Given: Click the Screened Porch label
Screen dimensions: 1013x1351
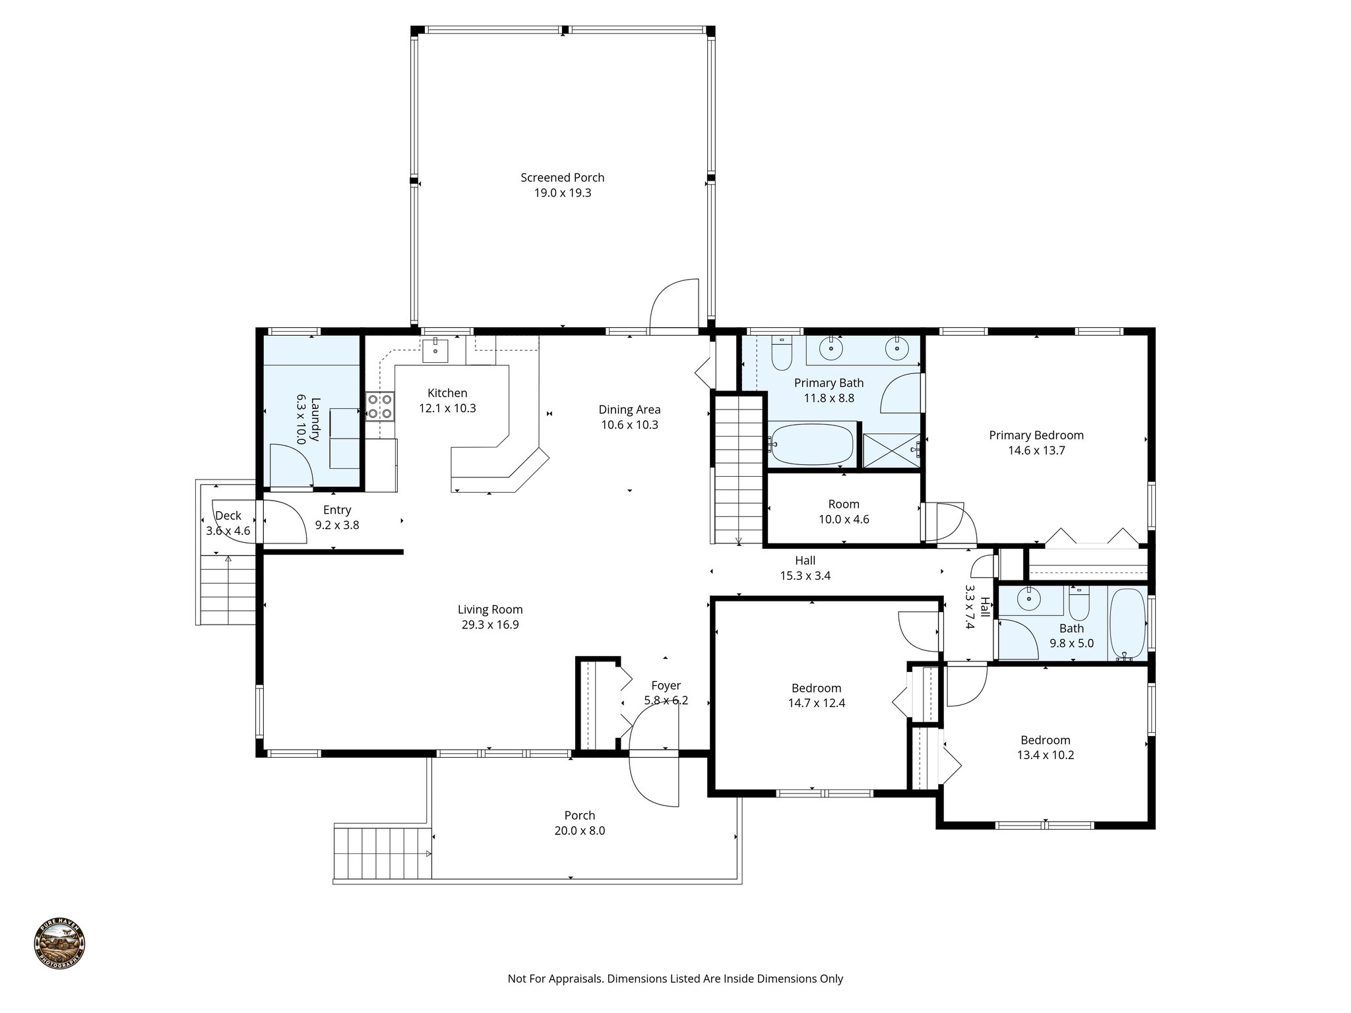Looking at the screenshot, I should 562,177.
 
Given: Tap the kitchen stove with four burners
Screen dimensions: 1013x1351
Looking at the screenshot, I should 380,406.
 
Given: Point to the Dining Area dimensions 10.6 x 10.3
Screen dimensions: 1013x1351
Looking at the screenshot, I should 629,425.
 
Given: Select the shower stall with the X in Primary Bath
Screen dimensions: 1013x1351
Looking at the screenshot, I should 891,451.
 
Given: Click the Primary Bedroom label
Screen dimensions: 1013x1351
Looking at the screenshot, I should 1036,435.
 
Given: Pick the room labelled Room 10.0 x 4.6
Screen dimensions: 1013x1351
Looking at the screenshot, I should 844,512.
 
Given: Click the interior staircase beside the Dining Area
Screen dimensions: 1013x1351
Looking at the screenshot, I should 738,468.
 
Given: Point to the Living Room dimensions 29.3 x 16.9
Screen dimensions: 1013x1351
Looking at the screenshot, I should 490,625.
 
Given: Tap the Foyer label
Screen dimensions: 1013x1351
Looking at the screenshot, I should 666,686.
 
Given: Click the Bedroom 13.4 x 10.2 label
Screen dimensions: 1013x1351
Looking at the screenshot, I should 1045,740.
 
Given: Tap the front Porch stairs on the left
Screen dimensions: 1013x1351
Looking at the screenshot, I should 382,853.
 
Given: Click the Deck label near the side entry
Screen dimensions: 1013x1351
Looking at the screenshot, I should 228,516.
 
